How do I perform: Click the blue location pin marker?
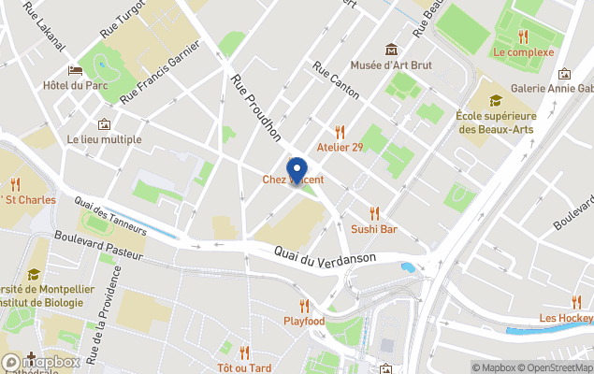click(x=297, y=171)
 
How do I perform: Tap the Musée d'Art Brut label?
click(x=391, y=65)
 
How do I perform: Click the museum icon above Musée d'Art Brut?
click(x=391, y=50)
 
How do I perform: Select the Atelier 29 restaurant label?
click(x=340, y=147)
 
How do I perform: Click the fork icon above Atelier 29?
click(x=340, y=132)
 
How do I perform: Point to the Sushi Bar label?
click(x=374, y=228)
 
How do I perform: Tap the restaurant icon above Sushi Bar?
click(x=374, y=213)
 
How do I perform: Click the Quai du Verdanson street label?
click(x=326, y=253)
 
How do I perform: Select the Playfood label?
click(x=304, y=322)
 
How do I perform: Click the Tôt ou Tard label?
click(x=244, y=367)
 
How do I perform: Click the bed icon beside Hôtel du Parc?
click(x=75, y=70)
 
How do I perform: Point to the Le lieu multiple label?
click(x=104, y=139)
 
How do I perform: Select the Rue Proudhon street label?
click(x=255, y=108)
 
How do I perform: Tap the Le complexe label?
click(x=524, y=52)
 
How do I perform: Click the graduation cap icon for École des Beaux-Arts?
click(x=495, y=100)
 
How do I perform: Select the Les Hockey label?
click(x=566, y=318)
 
